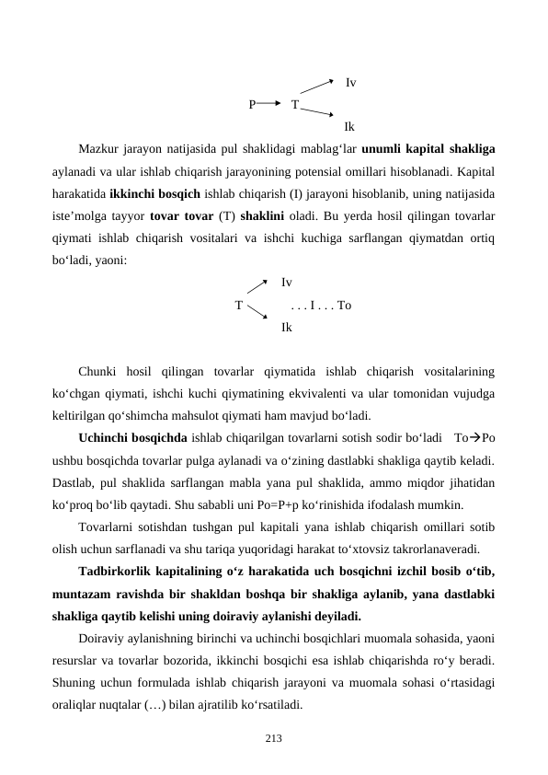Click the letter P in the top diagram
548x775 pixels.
coord(252,104)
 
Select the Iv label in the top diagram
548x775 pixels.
coord(351,83)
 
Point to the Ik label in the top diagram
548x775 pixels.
coord(349,127)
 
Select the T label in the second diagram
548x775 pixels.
coord(239,305)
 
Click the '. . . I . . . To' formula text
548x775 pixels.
coord(320,305)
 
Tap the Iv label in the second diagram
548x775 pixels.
coord(288,283)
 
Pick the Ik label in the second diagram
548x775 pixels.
coord(288,327)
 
